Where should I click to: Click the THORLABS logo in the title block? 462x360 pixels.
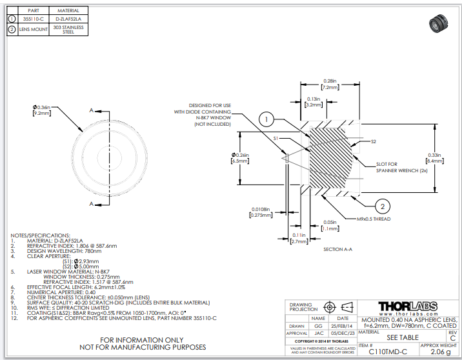click(407, 306)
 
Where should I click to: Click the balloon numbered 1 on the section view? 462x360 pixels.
click(268, 119)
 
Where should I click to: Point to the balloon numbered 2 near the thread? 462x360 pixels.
click(382, 206)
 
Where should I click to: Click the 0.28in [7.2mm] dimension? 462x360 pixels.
click(330, 84)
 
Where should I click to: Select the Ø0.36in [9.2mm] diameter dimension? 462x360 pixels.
click(43, 110)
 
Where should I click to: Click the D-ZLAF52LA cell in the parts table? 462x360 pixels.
click(68, 19)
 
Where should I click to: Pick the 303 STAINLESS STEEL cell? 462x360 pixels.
click(68, 30)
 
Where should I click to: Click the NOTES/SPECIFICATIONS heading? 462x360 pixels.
click(40, 235)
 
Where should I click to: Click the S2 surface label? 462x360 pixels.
click(373, 141)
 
